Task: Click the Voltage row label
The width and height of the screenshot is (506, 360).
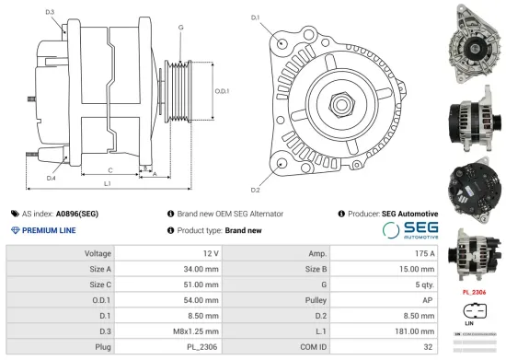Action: coord(98,252)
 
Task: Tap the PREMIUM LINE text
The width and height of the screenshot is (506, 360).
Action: coord(48,230)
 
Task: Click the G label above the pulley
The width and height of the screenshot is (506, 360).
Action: coord(180,28)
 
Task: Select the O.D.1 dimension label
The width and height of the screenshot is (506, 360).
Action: coord(222,91)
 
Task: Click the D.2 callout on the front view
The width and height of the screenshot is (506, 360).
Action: coord(255,190)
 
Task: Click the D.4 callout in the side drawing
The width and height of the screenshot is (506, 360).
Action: coord(51,178)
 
